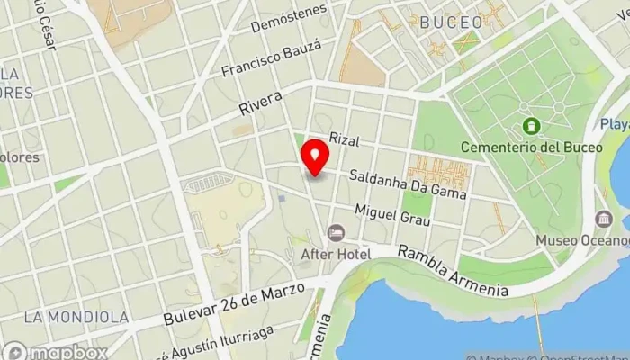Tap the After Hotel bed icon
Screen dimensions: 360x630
(x=336, y=233)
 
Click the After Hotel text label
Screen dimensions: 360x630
(x=336, y=255)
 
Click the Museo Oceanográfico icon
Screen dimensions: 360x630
(x=604, y=219)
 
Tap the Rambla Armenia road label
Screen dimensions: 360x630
(x=454, y=271)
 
